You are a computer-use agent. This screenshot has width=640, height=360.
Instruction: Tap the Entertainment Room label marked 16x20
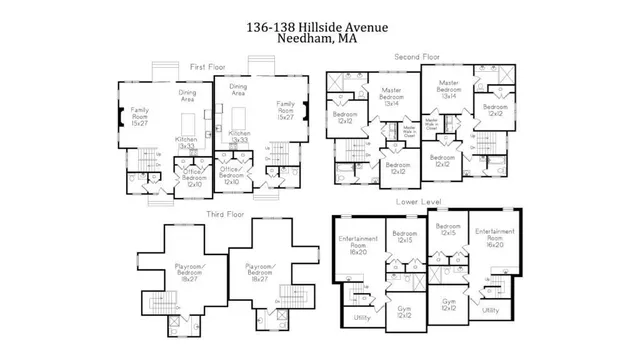(x=495, y=236)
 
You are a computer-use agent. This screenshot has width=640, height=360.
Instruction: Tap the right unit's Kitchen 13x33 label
(x=240, y=136)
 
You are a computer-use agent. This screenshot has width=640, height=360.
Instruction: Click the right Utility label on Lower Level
(x=490, y=310)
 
